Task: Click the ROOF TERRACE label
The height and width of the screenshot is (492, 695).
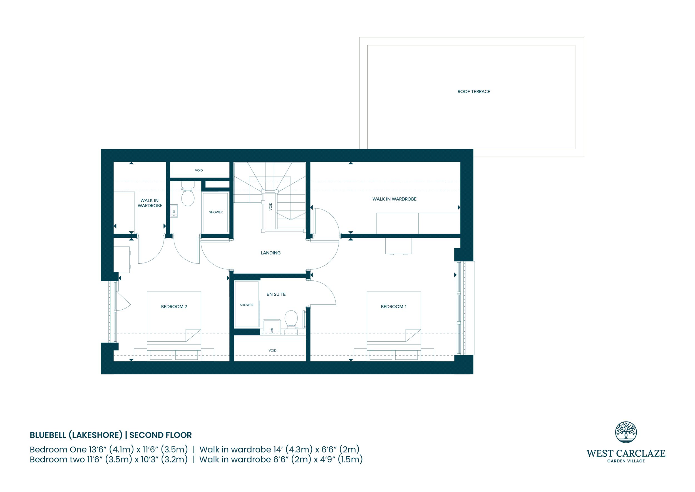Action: pos(474,92)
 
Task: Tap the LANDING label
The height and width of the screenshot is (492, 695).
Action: pos(270,253)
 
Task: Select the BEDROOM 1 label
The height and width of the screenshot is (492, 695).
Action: pos(394,307)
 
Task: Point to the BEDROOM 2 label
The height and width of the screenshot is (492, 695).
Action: pos(174,307)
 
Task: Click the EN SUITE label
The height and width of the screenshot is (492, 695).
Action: pos(276,294)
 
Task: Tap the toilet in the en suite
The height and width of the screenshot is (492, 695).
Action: pos(291,319)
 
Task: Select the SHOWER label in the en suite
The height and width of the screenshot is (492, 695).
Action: pos(247,305)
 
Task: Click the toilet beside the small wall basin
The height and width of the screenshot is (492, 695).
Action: pos(188,194)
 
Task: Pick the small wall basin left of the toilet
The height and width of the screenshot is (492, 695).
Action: pos(174,211)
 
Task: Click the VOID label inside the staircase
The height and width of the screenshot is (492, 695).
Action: pos(270,206)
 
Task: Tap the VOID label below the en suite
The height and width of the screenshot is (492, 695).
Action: pos(272,351)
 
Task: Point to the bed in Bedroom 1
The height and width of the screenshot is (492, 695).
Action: pos(394,326)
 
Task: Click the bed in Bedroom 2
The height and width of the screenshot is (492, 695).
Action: pos(174,326)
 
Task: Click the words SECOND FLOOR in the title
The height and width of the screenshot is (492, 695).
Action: pos(160,435)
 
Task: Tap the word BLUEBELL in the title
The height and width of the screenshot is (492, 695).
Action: pos(48,435)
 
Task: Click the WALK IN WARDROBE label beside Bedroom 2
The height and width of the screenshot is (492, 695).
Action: pos(150,203)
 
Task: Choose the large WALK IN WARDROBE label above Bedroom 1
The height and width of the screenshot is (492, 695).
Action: pos(394,199)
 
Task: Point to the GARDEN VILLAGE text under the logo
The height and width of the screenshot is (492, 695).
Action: pos(626,461)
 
